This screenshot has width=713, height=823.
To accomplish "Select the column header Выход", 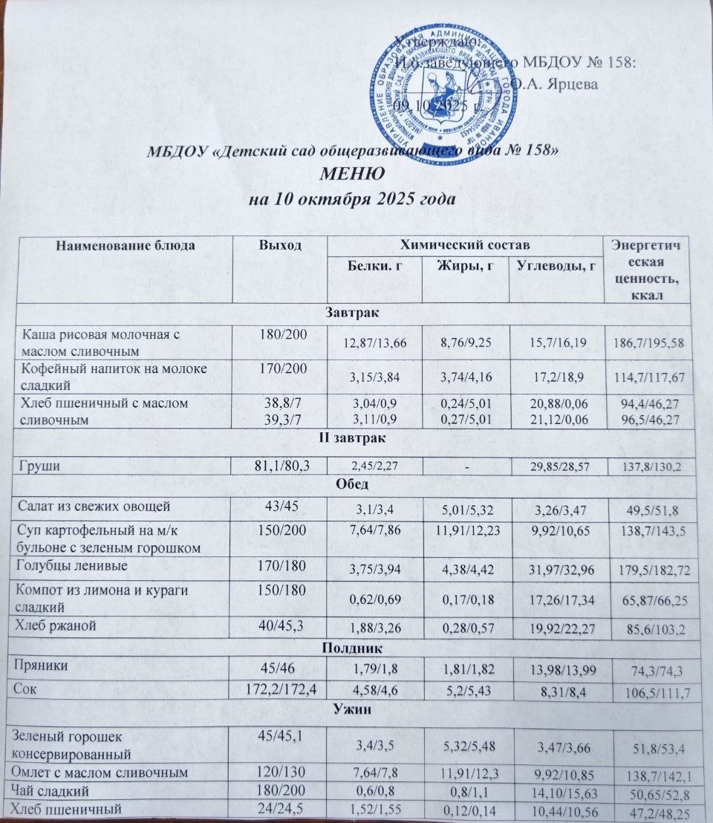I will [x=279, y=246].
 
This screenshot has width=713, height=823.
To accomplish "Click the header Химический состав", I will [x=466, y=246].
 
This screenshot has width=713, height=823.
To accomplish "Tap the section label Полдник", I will [x=351, y=647].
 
